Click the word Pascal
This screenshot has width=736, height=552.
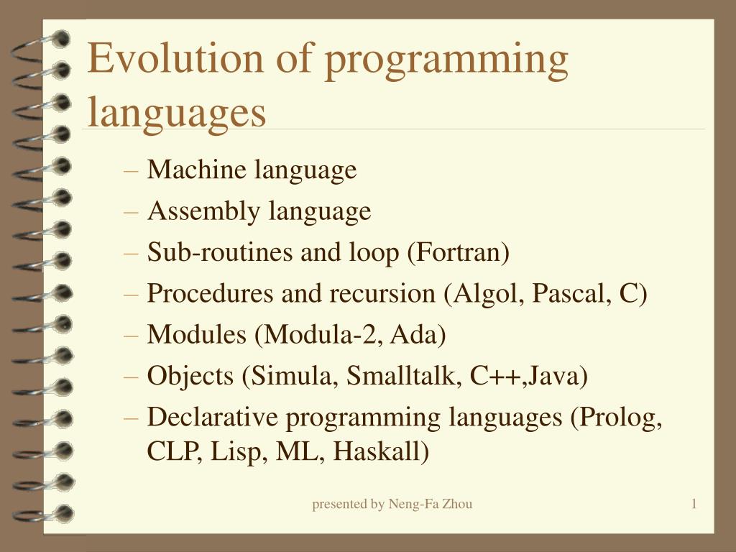click(570, 295)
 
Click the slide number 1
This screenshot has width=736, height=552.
click(694, 505)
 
